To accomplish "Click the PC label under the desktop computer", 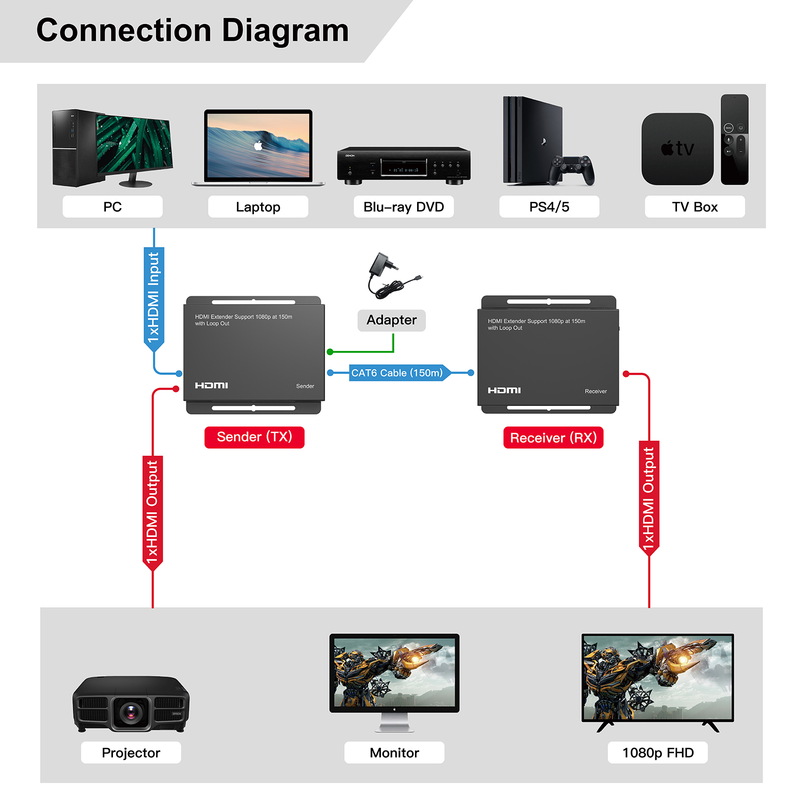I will [x=112, y=207].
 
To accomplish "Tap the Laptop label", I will [x=258, y=207].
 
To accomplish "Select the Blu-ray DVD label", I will [x=404, y=207].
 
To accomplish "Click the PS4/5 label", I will [x=549, y=207].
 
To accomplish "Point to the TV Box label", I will [x=695, y=207].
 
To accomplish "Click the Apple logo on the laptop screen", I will [x=258, y=146].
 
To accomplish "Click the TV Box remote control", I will [x=734, y=140].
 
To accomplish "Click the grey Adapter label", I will [x=391, y=320].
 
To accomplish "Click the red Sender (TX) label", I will [x=254, y=437].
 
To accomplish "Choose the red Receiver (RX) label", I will [x=553, y=438].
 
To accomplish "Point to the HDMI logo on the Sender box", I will [x=211, y=385].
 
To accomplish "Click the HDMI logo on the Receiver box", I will [x=504, y=390].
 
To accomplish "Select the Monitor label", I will [x=394, y=753].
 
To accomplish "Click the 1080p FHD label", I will [x=658, y=753].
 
